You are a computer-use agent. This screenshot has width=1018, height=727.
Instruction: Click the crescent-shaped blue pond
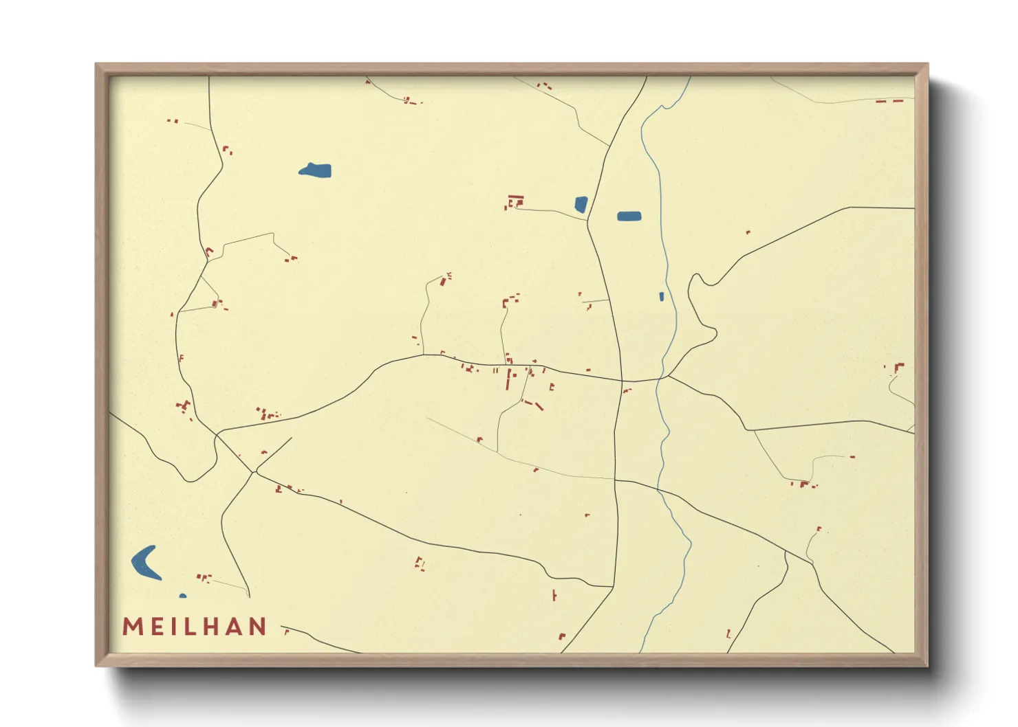tap(144, 562)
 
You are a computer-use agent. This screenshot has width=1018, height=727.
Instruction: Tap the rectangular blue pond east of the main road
tap(629, 216)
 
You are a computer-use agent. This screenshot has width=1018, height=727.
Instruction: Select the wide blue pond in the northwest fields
tap(316, 170)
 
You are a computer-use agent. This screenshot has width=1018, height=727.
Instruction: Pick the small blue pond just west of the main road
tap(581, 204)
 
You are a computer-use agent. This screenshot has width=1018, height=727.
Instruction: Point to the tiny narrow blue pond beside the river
tap(662, 297)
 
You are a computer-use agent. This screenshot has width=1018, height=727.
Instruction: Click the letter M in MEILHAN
tap(132, 627)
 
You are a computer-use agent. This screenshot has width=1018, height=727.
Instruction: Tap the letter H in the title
tap(215, 627)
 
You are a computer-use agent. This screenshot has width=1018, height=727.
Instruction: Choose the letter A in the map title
tap(237, 627)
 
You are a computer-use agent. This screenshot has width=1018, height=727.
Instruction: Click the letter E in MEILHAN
tap(155, 627)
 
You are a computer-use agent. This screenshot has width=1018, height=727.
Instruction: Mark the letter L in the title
tap(193, 627)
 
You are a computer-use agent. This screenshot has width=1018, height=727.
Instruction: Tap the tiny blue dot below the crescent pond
tap(182, 596)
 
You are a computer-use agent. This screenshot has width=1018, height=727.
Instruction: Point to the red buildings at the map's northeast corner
tap(889, 102)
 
